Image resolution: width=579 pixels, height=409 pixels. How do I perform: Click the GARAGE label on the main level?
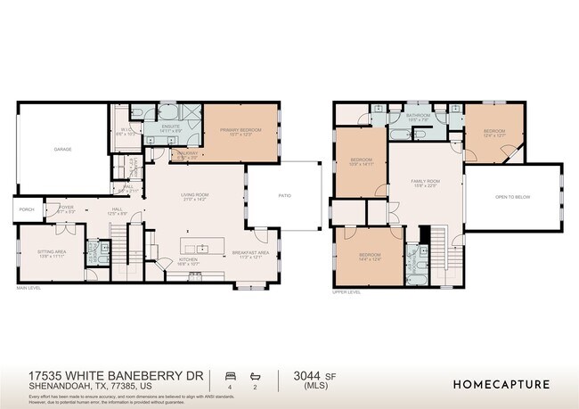tap(61, 149)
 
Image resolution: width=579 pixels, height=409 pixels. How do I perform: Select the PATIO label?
tap(284, 194)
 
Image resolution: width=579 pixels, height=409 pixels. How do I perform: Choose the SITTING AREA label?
tap(50, 252)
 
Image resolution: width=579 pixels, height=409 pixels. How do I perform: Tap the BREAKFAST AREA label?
tap(249, 252)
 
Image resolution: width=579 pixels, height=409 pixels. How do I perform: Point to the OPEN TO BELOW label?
tap(513, 199)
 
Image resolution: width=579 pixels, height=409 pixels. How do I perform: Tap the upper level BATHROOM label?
tap(418, 116)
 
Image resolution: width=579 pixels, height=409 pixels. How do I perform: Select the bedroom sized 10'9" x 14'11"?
tap(360, 160)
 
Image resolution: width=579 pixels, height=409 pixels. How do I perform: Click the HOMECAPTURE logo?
tap(502, 384)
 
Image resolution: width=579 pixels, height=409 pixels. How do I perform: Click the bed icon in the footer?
tap(230, 376)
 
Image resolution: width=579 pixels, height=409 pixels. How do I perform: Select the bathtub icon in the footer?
tap(255, 376)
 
